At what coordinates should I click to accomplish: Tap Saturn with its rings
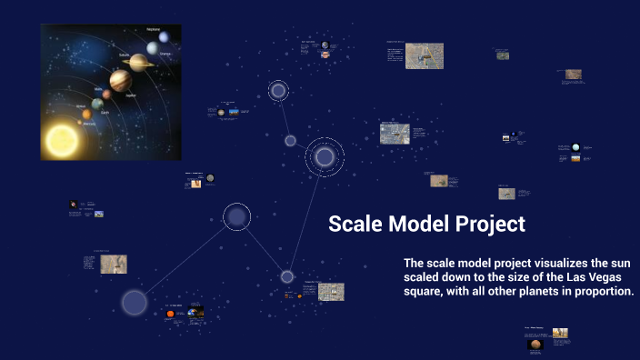click(138, 62)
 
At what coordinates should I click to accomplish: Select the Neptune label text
click(154, 29)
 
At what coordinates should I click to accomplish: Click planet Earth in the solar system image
click(96, 105)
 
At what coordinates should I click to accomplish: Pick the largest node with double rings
click(325, 157)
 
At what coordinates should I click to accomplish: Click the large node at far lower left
click(135, 303)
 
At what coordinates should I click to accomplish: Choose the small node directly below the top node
click(290, 140)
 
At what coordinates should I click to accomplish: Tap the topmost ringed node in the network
click(278, 90)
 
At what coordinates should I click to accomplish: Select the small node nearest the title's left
click(287, 276)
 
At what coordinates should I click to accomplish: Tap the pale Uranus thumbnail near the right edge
click(575, 146)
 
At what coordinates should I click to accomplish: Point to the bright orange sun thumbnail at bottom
click(170, 314)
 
